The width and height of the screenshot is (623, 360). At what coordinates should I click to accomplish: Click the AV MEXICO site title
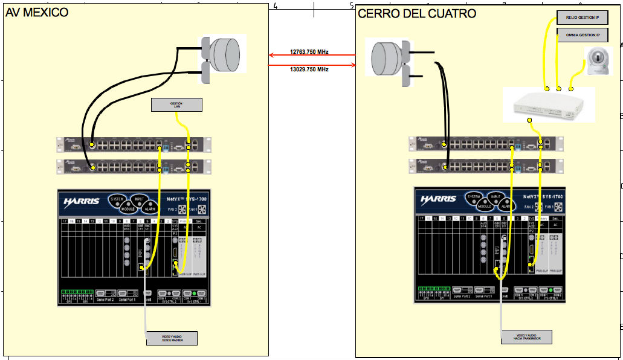click(x=37, y=13)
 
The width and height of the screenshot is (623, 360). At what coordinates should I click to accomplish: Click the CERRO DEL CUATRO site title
click(x=417, y=13)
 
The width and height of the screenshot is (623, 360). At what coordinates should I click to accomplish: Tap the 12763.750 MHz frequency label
click(x=309, y=52)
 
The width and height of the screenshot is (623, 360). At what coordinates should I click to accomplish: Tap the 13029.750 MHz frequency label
click(x=309, y=69)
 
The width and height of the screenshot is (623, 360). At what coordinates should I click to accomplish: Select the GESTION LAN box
click(x=176, y=105)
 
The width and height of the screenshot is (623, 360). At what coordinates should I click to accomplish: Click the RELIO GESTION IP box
click(x=582, y=18)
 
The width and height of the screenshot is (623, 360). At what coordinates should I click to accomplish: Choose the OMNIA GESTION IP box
click(x=582, y=36)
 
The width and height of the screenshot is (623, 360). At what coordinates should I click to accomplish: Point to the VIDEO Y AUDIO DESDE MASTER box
click(x=172, y=338)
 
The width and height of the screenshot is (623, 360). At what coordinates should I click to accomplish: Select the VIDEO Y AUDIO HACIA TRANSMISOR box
click(x=527, y=337)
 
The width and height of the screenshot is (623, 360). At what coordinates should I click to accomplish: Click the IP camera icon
click(x=595, y=63)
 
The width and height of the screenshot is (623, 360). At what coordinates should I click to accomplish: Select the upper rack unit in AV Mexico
click(x=134, y=144)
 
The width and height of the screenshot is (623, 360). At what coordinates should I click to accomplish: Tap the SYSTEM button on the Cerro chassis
click(x=473, y=197)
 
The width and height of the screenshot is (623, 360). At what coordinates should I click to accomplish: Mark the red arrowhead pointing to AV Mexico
click(x=271, y=56)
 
